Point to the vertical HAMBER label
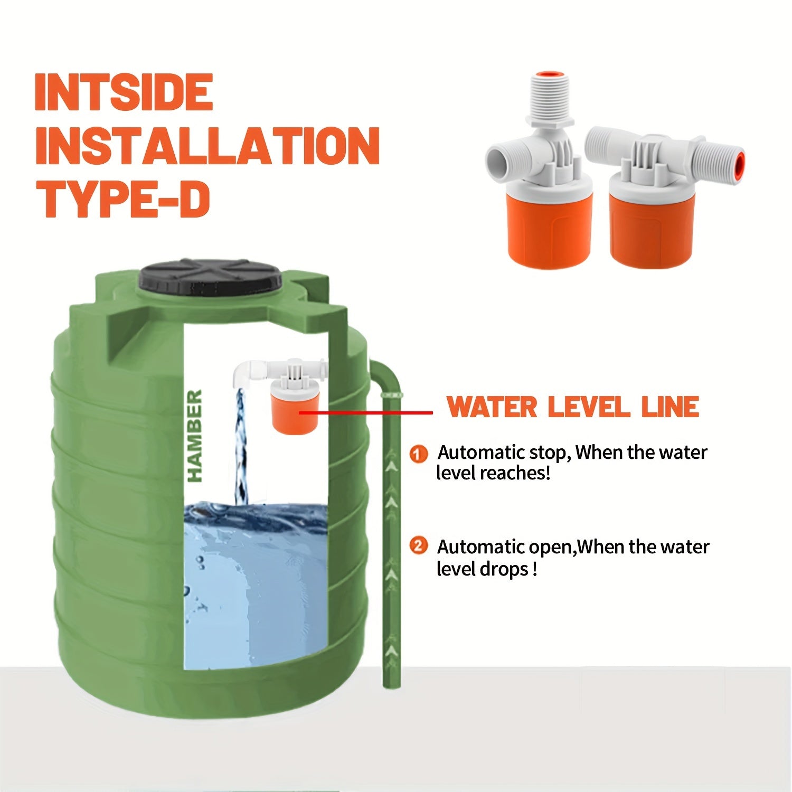(x=195, y=436)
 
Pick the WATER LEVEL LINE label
(x=573, y=407)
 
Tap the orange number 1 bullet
(x=418, y=454)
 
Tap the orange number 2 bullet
(x=418, y=546)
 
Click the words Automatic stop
(x=504, y=453)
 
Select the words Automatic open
(x=505, y=547)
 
